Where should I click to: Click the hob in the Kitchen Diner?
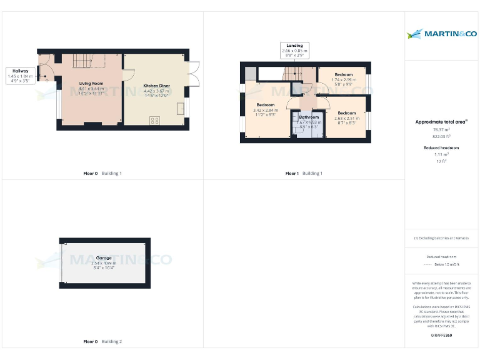(x=154, y=120)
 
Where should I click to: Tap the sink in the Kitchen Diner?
(x=181, y=109)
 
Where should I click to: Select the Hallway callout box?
(x=20, y=76)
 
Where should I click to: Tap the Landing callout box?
(x=294, y=51)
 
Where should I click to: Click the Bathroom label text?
(x=308, y=117)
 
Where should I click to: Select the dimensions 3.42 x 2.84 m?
(x=266, y=111)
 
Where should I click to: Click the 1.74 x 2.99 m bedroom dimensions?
(x=343, y=80)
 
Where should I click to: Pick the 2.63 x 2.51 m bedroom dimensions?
(x=347, y=118)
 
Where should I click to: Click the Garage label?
(x=104, y=257)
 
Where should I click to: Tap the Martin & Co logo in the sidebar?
(x=441, y=33)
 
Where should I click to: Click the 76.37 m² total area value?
(x=442, y=130)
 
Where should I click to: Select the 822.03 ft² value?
(x=442, y=136)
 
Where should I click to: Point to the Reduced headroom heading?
(x=442, y=147)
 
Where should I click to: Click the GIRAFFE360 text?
(x=442, y=336)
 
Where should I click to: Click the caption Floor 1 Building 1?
(x=304, y=173)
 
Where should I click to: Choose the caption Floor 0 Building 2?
(x=102, y=342)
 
